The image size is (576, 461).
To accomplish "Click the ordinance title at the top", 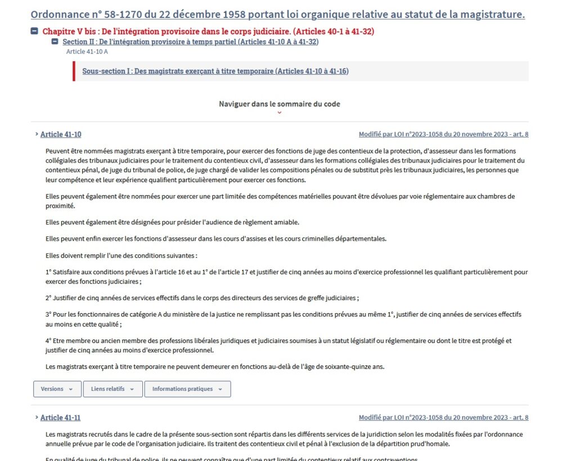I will pyautogui.click(x=277, y=15).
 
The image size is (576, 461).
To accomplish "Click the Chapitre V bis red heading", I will pyautogui.click(x=208, y=31).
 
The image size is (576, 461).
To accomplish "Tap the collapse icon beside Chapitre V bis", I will pyautogui.click(x=34, y=31).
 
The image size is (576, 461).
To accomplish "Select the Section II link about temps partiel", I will pyautogui.click(x=190, y=42).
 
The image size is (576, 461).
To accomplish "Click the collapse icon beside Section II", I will pyautogui.click(x=55, y=42).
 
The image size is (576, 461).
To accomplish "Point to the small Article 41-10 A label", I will pyautogui.click(x=87, y=52).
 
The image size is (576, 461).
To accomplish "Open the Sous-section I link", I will pyautogui.click(x=215, y=71).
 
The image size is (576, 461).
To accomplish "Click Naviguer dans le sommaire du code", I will pyautogui.click(x=279, y=104).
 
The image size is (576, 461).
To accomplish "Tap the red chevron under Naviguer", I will pyautogui.click(x=280, y=113).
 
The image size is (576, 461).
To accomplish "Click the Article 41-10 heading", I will pyautogui.click(x=61, y=134).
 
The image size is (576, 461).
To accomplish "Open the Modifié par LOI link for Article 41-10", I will pyautogui.click(x=443, y=134).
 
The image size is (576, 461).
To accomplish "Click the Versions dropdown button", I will pyautogui.click(x=57, y=389).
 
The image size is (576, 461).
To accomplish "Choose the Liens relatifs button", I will pyautogui.click(x=112, y=389).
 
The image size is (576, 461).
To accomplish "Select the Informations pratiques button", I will pyautogui.click(x=187, y=389).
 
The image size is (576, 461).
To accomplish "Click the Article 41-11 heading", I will pyautogui.click(x=60, y=418).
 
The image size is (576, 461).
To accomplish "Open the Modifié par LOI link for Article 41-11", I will pyautogui.click(x=443, y=418).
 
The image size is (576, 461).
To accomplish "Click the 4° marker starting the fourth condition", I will pyautogui.click(x=48, y=341).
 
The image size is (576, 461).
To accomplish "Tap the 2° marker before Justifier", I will pyautogui.click(x=48, y=298).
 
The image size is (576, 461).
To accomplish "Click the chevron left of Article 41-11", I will pyautogui.click(x=37, y=418).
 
